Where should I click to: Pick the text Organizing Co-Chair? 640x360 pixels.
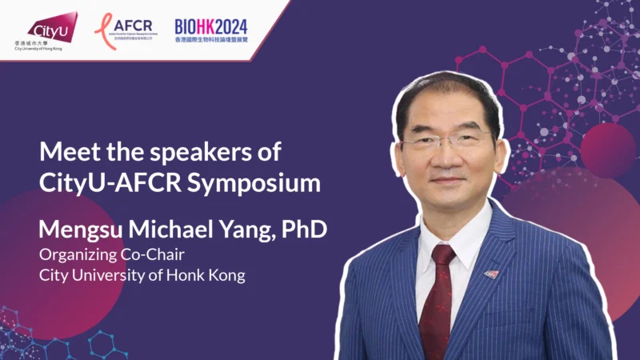pos(102,255)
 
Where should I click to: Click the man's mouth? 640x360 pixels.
pos(451,185)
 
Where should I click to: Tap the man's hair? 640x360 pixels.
pos(448,92)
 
